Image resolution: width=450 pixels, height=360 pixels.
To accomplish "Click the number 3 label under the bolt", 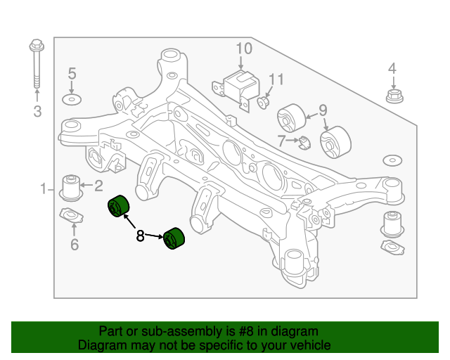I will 37,111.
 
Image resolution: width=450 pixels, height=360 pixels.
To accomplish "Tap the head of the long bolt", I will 36,48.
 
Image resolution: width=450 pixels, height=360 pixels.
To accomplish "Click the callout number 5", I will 71,73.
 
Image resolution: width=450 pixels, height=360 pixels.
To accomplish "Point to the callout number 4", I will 392,68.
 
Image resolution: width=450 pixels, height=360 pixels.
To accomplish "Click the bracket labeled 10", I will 238,84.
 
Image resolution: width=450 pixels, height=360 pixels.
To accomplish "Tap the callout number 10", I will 243,49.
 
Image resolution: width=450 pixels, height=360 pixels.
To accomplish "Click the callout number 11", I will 276,79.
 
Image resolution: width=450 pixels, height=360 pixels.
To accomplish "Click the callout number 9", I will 323,110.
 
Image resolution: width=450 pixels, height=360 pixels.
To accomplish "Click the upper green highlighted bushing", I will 117,209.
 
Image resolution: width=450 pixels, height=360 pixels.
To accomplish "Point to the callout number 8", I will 140,236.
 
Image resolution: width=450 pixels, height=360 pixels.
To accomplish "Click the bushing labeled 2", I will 71,186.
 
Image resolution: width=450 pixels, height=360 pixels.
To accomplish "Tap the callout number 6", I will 74,245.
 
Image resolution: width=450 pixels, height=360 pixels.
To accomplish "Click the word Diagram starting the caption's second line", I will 103,345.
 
